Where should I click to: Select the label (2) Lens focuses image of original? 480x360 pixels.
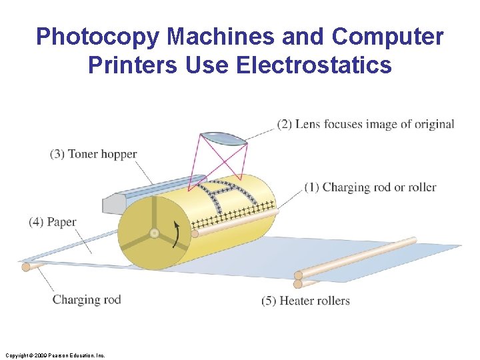point(366,124)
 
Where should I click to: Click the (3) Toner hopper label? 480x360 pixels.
point(93,154)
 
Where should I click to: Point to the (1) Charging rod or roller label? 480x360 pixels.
point(371,187)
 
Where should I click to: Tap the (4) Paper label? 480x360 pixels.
point(53,222)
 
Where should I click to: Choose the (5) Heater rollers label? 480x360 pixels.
point(306,301)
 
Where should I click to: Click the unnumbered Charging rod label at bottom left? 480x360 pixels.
point(87,299)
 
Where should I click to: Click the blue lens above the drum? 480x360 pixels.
point(223,137)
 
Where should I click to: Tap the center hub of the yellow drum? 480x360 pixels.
point(154,234)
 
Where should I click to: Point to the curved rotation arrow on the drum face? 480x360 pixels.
point(177,233)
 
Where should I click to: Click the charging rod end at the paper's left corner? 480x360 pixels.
point(26,267)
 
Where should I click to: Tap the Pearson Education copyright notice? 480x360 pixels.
point(54,355)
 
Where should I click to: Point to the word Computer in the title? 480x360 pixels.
point(387,37)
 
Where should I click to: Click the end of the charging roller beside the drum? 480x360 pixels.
point(195,233)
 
